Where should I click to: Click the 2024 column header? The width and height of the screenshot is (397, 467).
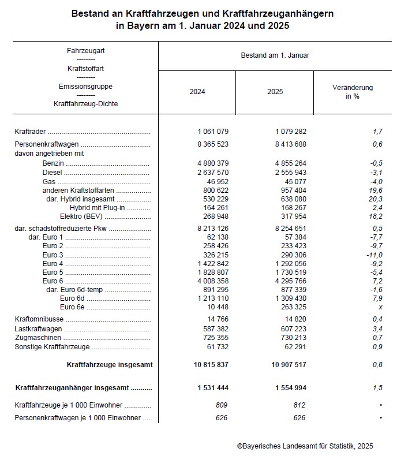tap(197, 92)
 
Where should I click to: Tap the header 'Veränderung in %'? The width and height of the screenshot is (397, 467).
tap(352, 92)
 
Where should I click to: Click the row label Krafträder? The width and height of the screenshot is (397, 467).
tap(30, 132)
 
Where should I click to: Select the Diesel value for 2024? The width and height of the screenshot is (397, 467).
tap(213, 172)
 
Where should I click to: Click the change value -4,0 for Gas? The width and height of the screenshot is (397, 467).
tap(376, 181)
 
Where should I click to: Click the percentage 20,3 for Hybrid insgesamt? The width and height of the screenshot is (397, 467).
tap(376, 199)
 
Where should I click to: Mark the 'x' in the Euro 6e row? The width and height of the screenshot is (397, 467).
tap(380, 307)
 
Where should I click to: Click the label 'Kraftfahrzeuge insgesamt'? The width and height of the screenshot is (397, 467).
tap(110, 365)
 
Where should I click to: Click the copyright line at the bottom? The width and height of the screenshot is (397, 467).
tap(305, 446)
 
